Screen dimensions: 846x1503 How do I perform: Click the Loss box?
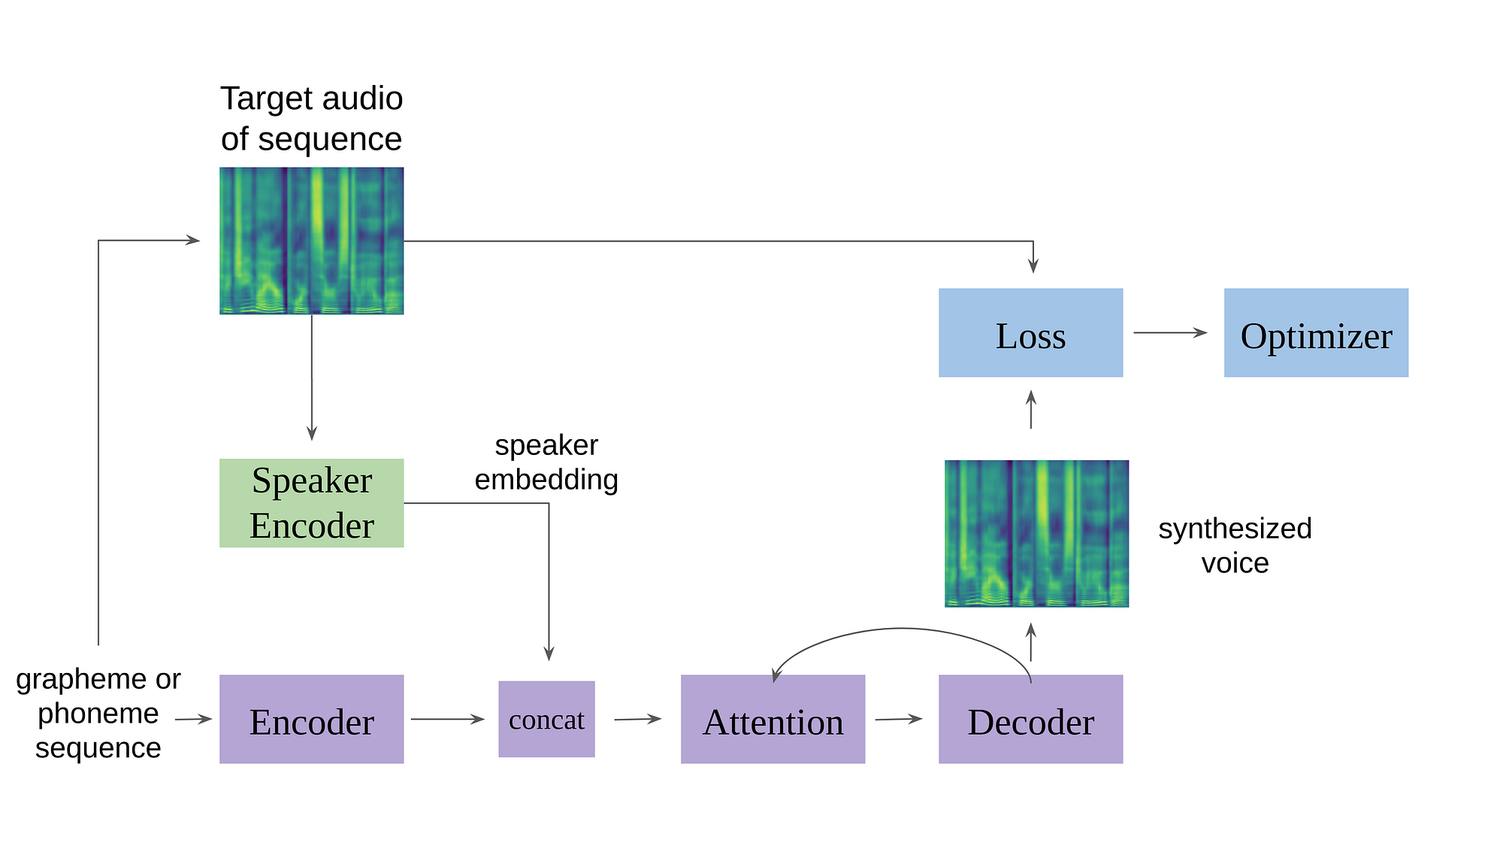click(x=1030, y=332)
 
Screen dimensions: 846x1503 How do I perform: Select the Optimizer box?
click(x=1316, y=332)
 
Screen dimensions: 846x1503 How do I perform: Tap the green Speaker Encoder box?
click(x=311, y=502)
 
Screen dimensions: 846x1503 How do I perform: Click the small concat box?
click(x=546, y=719)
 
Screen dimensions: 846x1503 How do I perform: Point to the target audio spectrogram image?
click(x=311, y=241)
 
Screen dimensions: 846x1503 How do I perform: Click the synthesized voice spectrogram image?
click(x=1036, y=533)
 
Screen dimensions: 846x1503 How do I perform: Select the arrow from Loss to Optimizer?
click(x=1169, y=332)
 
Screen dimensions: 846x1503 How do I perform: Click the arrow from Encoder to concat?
click(x=447, y=719)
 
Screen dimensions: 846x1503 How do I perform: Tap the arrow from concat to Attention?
click(x=637, y=719)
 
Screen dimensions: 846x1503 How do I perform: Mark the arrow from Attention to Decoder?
click(x=898, y=719)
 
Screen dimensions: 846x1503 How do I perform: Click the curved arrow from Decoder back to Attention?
click(x=902, y=629)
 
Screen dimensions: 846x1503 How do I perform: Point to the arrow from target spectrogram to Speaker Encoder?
click(x=312, y=376)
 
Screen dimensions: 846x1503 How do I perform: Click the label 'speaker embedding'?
click(x=546, y=462)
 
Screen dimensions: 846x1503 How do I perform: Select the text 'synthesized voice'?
click(x=1235, y=545)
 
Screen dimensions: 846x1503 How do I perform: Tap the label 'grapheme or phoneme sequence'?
click(x=98, y=713)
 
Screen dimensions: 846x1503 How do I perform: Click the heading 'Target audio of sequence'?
click(x=311, y=119)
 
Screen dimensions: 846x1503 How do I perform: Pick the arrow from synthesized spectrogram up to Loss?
click(x=1031, y=410)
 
